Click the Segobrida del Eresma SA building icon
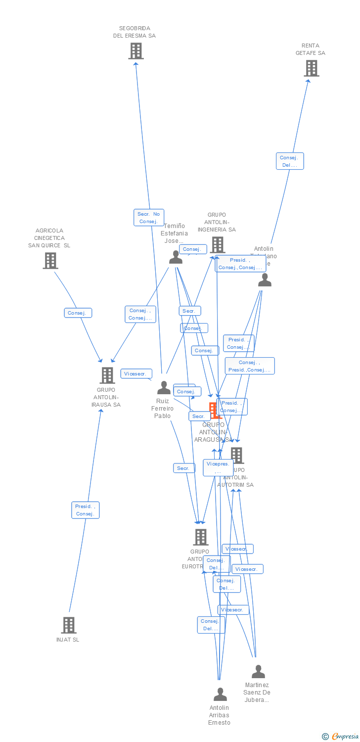point(135,51)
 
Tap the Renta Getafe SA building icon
point(311,68)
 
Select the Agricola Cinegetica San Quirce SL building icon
point(50,261)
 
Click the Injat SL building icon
point(69,625)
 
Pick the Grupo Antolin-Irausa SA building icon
point(107,375)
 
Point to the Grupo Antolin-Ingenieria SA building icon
point(217,244)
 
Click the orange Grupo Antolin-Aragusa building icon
point(213,410)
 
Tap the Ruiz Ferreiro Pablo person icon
point(164,388)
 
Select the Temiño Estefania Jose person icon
point(176,257)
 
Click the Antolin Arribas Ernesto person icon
point(220,695)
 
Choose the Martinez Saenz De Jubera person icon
point(258,672)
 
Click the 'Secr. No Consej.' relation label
point(148,218)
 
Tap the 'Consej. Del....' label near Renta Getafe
point(289,161)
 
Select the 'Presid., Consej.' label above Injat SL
point(86,510)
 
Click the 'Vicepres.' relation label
point(218,467)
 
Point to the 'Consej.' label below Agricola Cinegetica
point(78,313)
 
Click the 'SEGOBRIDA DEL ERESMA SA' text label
point(135,32)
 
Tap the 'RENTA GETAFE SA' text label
point(311,49)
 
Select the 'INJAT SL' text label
point(68,640)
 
